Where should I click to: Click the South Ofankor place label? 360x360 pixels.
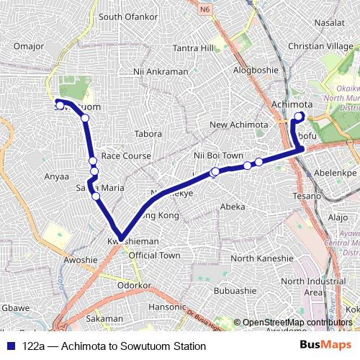pos(127,17)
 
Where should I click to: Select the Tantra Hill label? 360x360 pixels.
pos(194,48)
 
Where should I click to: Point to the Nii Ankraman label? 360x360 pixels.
pos(161,72)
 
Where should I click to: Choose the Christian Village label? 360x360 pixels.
pos(320,46)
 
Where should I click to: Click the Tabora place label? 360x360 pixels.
pos(148,134)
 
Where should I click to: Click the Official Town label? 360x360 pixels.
pos(154,256)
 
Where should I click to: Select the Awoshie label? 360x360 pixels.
pos(80,260)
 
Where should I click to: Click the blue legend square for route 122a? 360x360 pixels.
pos(12,346)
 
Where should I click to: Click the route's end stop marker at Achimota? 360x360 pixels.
pos(300,116)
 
